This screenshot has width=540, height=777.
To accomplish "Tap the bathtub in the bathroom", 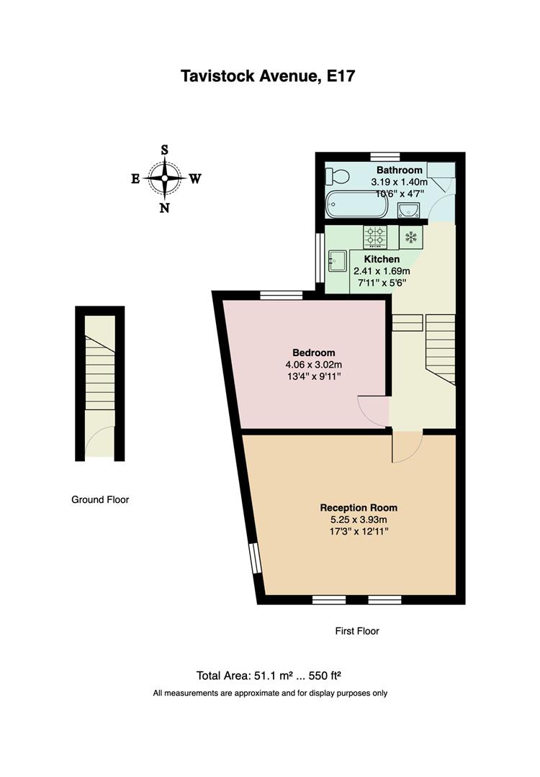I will point(357,205).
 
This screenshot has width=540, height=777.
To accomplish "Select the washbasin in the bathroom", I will point(409,209).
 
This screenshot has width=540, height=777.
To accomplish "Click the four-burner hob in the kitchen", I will point(374,236).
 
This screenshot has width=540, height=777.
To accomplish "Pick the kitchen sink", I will point(338,259).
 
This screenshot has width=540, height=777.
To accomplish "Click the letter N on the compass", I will point(165,209).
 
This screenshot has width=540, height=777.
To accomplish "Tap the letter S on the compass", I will point(165,150).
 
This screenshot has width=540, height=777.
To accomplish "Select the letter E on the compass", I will point(135,179).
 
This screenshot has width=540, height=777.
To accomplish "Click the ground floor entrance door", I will point(99,440).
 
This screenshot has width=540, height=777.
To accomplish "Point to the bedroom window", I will point(281,294).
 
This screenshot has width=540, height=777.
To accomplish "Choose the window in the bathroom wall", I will point(385,156).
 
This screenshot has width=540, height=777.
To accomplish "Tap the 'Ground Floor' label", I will point(100,499).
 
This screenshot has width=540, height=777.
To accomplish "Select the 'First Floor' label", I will point(357,631).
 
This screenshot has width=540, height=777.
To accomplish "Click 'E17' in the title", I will point(340,76).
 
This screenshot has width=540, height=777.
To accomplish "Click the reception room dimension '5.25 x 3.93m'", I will point(358,520).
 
